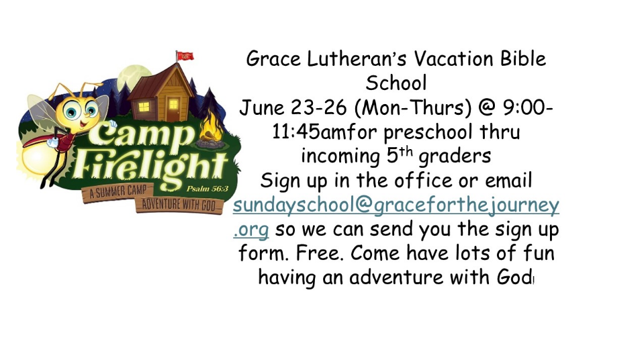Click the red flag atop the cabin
tap(185, 56)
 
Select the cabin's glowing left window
tap(144, 107)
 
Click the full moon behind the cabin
tap(132, 78)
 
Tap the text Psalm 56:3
tap(207, 189)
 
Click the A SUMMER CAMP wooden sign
tap(118, 191)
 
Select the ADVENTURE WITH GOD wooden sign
tap(179, 205)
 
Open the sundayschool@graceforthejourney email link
tap(396, 216)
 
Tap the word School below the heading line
tap(396, 83)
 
